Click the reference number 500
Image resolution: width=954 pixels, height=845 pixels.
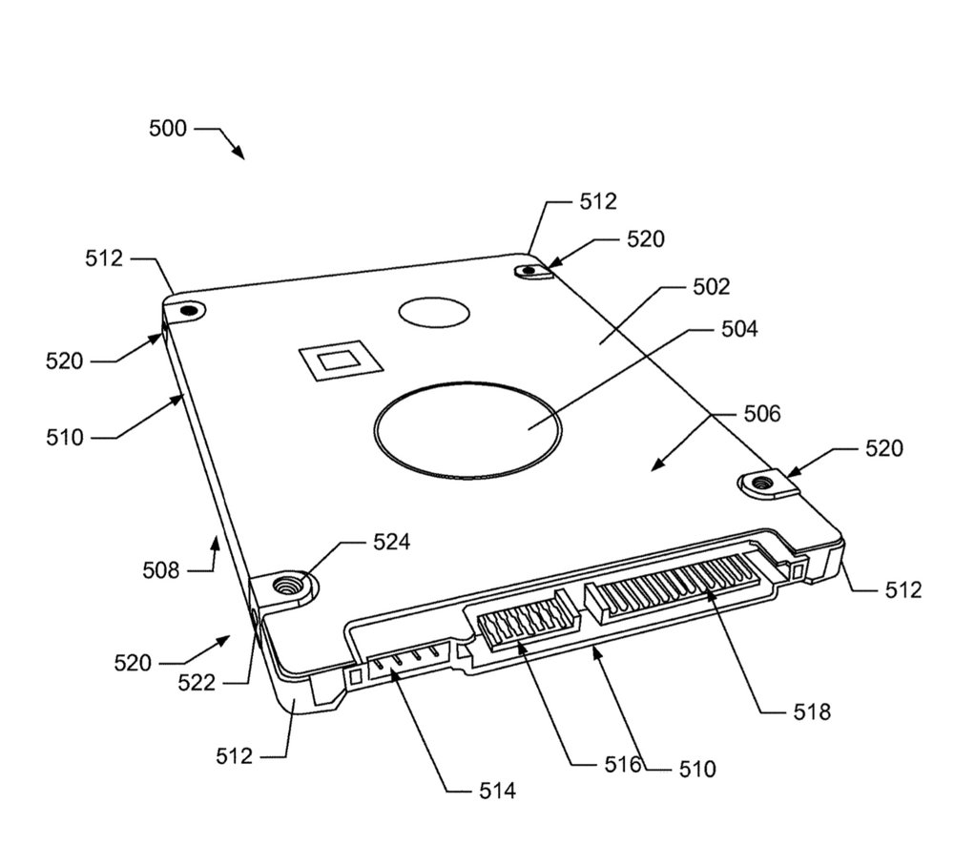pyautogui.click(x=168, y=129)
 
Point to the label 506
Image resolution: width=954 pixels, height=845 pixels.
pyautogui.click(x=760, y=414)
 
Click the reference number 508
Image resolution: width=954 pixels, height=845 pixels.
pyautogui.click(x=160, y=570)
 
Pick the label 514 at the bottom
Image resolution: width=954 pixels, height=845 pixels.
pyautogui.click(x=496, y=790)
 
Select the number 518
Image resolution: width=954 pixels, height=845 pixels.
pyautogui.click(x=811, y=711)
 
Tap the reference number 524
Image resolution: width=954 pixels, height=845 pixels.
pyautogui.click(x=391, y=543)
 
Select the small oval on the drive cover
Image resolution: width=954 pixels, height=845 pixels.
pyautogui.click(x=434, y=312)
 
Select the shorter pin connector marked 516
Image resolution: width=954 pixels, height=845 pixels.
pyautogui.click(x=520, y=624)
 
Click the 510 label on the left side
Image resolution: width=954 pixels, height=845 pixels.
pyautogui.click(x=64, y=438)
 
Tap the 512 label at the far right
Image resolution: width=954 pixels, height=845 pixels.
pyautogui.click(x=902, y=590)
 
